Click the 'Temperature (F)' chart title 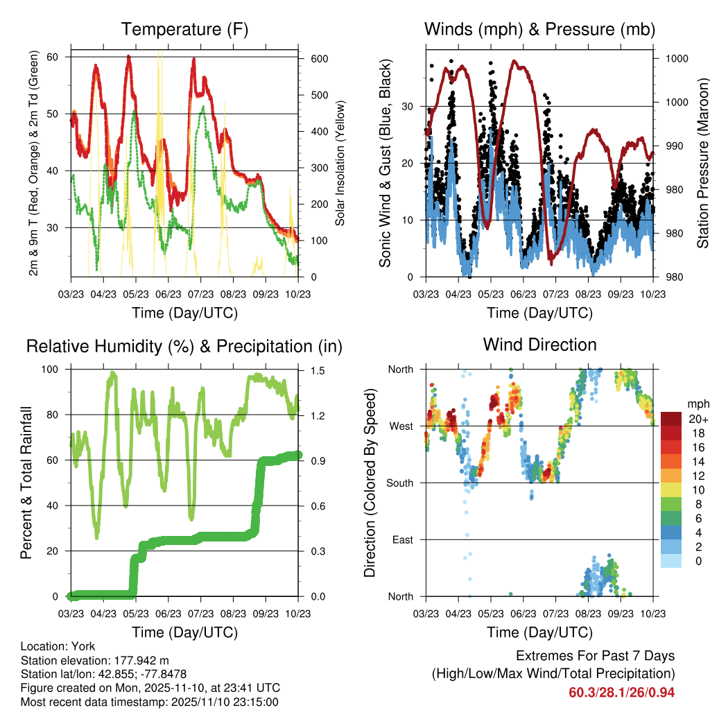point(184,30)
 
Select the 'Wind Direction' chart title point(539,345)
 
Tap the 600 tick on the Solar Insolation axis point(319,59)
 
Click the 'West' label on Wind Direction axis point(400,426)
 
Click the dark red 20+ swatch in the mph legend point(673,419)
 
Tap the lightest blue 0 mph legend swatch point(673,561)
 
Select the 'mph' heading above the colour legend point(698,404)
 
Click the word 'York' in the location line point(79,645)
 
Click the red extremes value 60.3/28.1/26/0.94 point(621,692)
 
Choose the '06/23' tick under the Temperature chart point(168,294)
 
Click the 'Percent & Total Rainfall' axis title point(26,483)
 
